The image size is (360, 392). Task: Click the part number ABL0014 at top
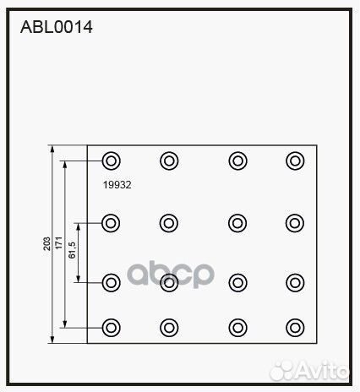[57, 27]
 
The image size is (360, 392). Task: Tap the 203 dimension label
[47, 243]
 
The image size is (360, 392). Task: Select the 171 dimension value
[59, 242]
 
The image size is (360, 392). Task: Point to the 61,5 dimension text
[72, 250]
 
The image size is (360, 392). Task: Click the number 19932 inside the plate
[117, 185]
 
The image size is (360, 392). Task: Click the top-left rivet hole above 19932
[112, 161]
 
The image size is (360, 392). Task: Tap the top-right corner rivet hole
[295, 161]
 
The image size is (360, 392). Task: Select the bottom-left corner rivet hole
[112, 328]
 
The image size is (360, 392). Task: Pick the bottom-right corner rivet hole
[295, 328]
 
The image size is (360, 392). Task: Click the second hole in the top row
[169, 161]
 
